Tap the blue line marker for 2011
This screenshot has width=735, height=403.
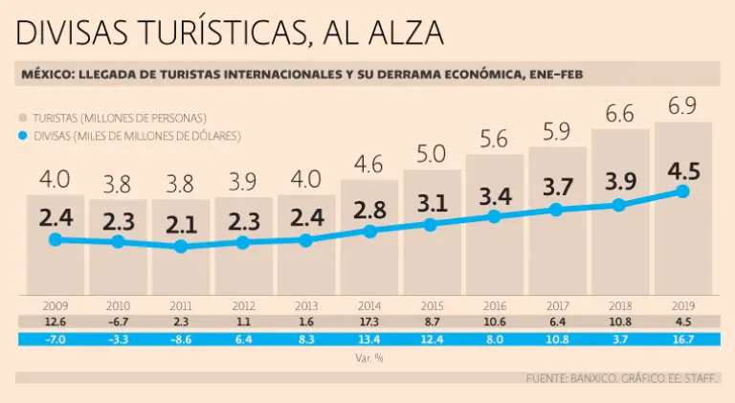click(x=181, y=247)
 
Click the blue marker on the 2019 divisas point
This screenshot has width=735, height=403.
click(x=682, y=191)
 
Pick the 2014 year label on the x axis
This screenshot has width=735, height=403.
click(x=369, y=306)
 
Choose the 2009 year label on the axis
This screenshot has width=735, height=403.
click(x=55, y=306)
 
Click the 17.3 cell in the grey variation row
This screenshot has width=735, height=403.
click(x=369, y=323)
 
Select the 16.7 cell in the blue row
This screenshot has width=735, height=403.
click(x=682, y=340)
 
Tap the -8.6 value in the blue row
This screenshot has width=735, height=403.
click(x=181, y=340)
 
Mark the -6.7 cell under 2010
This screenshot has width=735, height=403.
click(x=118, y=323)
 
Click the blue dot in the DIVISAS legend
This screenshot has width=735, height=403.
click(x=23, y=136)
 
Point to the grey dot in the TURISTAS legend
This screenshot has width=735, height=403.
click(x=23, y=118)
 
